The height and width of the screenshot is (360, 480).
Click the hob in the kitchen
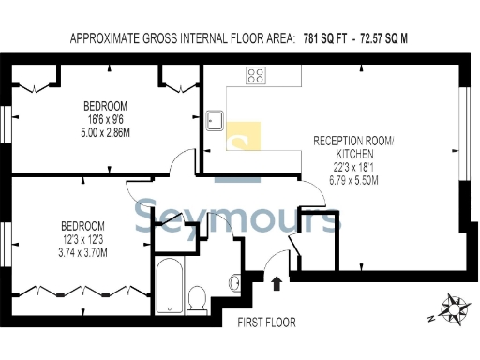256,76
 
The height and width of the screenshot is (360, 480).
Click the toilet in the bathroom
198,299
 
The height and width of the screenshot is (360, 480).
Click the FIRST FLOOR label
266,322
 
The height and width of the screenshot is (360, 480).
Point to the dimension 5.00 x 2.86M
105,132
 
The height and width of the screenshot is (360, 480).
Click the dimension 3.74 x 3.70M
83,252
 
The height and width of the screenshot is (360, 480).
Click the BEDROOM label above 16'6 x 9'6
105,105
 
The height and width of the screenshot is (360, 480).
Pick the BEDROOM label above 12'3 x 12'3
83,226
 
